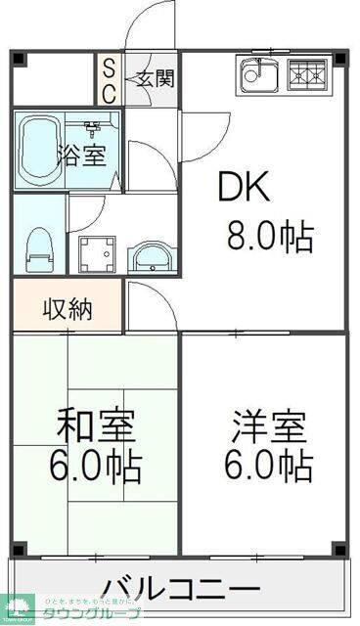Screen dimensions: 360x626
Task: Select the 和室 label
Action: (x=96, y=426)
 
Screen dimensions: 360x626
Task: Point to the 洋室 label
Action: (x=269, y=426)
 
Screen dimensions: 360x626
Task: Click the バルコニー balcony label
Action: (x=181, y=589)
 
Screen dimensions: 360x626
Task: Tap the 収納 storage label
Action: (x=67, y=310)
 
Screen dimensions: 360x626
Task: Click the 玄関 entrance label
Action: (x=156, y=77)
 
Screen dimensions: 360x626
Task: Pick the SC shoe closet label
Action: (x=109, y=81)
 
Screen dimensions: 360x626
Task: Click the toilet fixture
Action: (x=39, y=248)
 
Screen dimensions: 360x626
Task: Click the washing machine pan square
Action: (x=97, y=254)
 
